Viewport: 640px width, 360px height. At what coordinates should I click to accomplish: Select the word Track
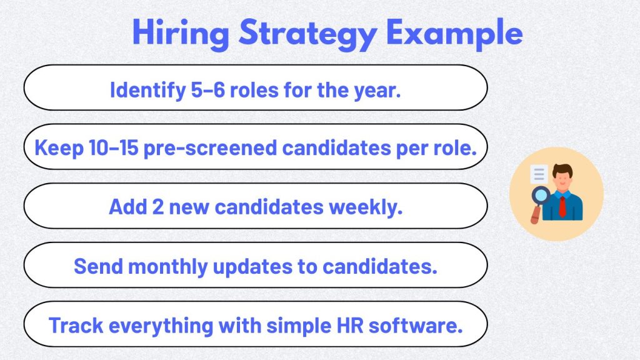(x=73, y=325)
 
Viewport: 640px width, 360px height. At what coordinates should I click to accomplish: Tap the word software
(x=428, y=325)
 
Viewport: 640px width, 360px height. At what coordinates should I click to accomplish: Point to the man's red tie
(x=562, y=205)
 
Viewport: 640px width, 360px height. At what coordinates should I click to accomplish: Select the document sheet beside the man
(x=538, y=174)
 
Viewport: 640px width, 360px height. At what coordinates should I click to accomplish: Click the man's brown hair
(x=562, y=169)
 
